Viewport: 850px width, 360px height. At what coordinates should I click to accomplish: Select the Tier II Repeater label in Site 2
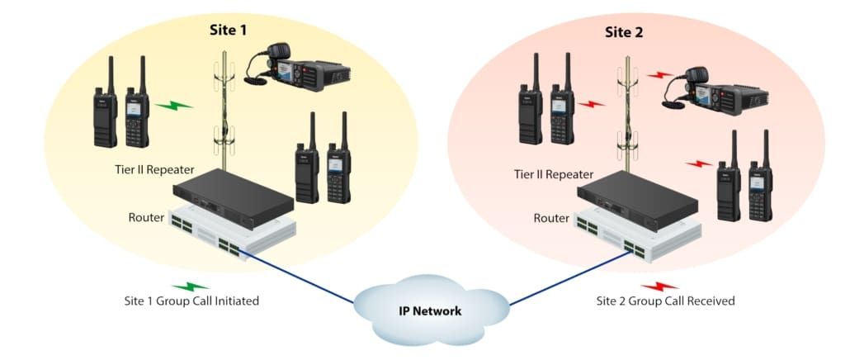point(553,174)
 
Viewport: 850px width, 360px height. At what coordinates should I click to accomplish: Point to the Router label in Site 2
point(550,218)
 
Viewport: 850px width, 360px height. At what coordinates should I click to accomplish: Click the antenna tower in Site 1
point(222,107)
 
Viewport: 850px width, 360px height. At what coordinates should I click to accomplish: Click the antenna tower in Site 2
point(626,111)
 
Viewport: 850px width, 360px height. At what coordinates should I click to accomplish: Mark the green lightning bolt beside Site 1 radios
point(175,106)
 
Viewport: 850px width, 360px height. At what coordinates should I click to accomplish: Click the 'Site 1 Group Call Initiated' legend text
point(187,301)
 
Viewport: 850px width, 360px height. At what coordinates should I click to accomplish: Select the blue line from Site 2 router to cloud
point(561,276)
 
